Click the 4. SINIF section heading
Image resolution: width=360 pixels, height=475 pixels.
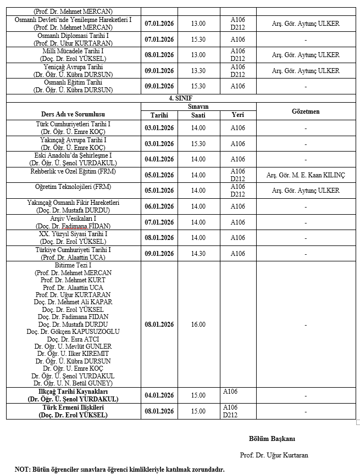180,98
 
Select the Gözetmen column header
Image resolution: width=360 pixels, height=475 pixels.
305,111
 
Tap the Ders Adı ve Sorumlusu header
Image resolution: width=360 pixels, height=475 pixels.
74,114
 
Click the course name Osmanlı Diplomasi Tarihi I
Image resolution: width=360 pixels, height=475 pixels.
73,36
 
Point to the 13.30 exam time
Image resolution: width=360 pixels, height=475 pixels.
198,70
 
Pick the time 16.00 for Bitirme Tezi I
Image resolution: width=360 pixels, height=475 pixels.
198,325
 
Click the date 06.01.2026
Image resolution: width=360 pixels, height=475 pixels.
159,206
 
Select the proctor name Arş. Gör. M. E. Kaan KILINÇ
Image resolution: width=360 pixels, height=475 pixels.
306,175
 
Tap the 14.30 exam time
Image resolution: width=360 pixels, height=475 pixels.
198,254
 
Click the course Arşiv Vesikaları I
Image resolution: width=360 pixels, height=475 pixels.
73,219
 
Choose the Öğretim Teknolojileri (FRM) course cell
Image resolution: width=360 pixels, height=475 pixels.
73,187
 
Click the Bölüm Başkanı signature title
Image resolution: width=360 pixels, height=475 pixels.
272,438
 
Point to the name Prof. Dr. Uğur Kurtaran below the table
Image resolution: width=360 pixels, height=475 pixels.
274,455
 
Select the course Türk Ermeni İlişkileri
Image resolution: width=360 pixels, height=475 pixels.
73,408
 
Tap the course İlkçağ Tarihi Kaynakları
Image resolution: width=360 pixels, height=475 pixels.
73,392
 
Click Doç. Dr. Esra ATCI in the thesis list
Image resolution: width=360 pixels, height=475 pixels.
73,339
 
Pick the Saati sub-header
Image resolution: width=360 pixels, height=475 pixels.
198,115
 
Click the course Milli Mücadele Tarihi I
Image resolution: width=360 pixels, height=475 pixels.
73,51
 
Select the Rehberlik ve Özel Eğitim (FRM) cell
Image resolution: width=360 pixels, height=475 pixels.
73,171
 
